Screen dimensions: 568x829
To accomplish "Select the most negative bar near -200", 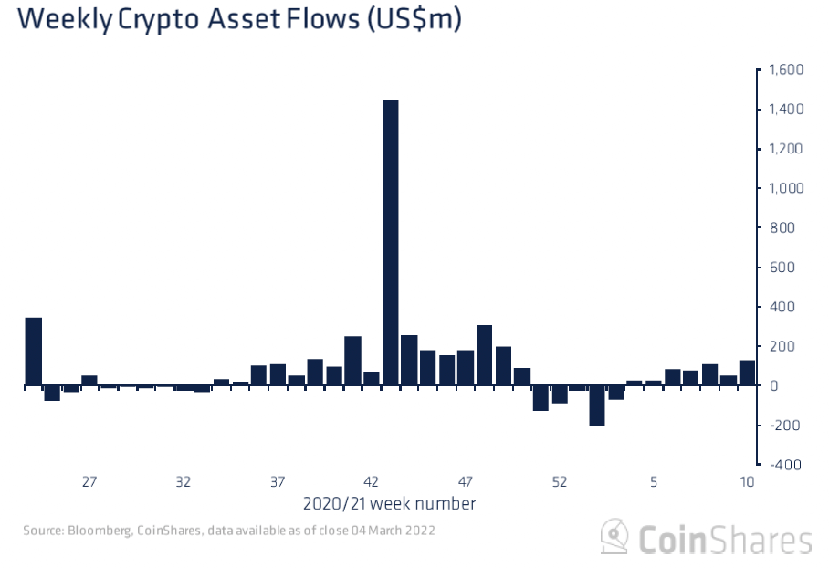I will coord(597,405).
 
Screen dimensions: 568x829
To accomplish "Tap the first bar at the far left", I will coord(34,352).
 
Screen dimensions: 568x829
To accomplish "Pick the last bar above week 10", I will coord(747,373).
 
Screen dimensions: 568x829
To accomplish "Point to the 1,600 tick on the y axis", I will coord(785,70).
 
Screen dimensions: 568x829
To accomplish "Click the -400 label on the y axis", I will coord(786,465).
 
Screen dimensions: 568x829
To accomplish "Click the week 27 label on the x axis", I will coord(89,482).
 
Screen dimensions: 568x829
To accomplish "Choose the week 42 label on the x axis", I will coord(371,482).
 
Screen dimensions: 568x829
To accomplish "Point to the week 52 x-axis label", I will coord(559,482).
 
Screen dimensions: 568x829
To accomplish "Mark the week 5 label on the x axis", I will coord(653,482).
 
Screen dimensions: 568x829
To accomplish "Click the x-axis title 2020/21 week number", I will coord(388,503).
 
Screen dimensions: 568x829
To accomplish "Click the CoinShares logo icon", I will coord(614,537).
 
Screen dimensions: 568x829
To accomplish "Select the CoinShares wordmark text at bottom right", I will coord(724,539).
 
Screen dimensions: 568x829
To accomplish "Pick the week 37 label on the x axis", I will coord(278,482).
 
